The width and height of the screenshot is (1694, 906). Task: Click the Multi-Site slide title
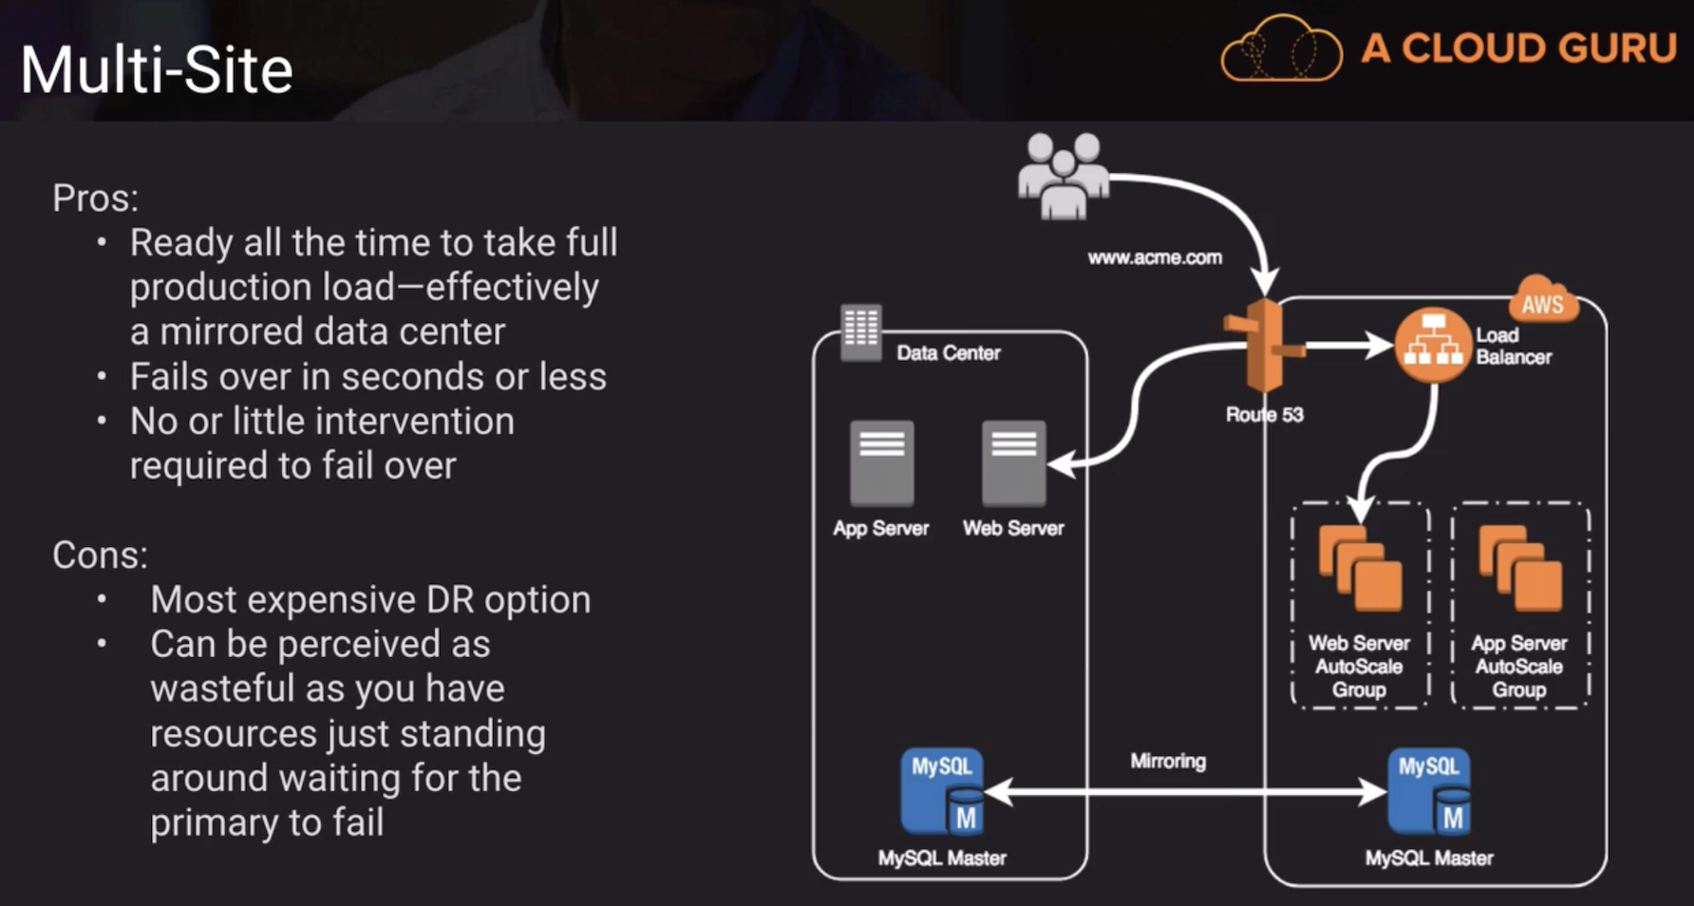pos(157,70)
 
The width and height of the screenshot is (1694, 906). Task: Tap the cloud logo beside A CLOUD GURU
pos(1281,49)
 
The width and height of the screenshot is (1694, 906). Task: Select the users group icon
pos(1063,176)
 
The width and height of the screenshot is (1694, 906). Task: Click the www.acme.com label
pos(1155,257)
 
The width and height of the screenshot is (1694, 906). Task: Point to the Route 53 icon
pos(1265,347)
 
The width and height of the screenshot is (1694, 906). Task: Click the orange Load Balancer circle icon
pos(1433,346)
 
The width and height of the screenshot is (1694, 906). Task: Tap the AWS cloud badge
pos(1542,301)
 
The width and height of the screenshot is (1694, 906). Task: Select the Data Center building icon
pos(861,331)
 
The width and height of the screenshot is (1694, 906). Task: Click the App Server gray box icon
pos(882,463)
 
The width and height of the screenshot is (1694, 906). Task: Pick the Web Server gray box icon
pos(1014,463)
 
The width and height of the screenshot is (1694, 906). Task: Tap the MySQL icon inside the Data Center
pos(943,792)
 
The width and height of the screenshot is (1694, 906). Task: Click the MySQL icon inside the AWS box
pos(1429,792)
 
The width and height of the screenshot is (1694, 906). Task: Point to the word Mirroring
pos(1168,761)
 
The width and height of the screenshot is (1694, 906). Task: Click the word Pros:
pos(95,198)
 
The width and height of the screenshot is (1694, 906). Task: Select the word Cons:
pos(100,556)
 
